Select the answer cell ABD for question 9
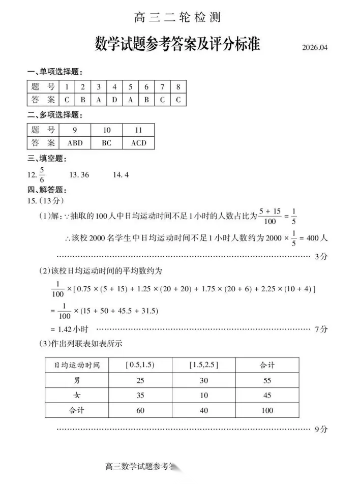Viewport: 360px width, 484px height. (75, 143)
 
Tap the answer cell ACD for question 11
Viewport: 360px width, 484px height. (138, 143)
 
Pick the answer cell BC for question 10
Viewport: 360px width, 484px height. (106, 143)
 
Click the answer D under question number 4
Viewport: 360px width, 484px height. (114, 100)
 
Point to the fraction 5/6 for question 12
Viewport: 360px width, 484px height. (42, 174)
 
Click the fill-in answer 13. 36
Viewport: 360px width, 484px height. (79, 175)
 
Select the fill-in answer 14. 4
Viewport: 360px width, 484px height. (121, 175)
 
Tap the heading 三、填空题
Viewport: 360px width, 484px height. (47, 159)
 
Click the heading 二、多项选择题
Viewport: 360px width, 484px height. (54, 115)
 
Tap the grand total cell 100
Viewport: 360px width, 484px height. (267, 410)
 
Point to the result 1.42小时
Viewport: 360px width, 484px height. (70, 329)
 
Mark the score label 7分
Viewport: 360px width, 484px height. (321, 329)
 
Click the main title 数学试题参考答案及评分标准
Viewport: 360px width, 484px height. (177, 45)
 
